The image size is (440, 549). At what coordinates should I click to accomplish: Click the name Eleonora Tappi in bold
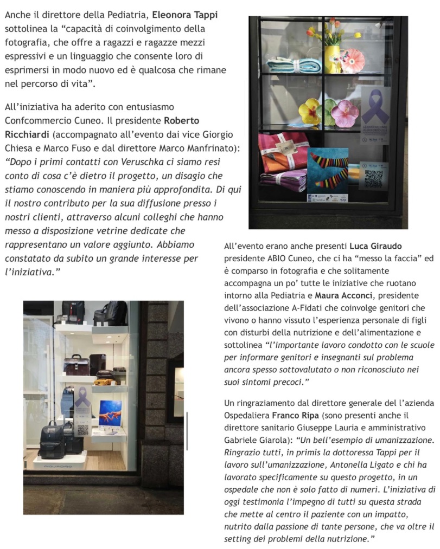[x=187, y=15]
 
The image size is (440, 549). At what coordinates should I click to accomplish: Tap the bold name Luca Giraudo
[x=376, y=247]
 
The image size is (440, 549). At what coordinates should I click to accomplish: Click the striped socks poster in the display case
[x=328, y=169]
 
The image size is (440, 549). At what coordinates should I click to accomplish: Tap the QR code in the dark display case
[x=373, y=178]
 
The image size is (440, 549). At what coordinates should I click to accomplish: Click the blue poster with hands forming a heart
[x=110, y=414]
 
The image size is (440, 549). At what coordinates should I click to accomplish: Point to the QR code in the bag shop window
[x=83, y=429]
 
